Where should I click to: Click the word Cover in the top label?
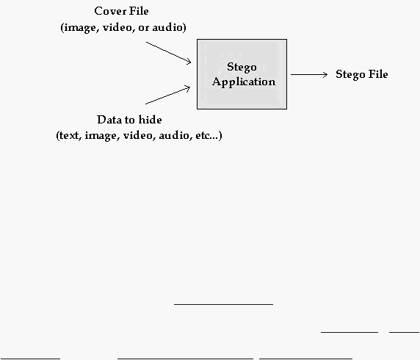point(110,11)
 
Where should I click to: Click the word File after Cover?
point(139,11)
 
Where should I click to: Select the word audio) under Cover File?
point(170,27)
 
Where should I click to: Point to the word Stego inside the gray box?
point(242,67)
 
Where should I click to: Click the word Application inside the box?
point(244,82)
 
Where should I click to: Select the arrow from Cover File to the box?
point(168,53)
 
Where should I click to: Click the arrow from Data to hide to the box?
point(167,95)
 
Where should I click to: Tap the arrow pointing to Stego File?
point(309,74)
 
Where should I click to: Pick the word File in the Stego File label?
point(378,74)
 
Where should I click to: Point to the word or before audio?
point(143,28)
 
